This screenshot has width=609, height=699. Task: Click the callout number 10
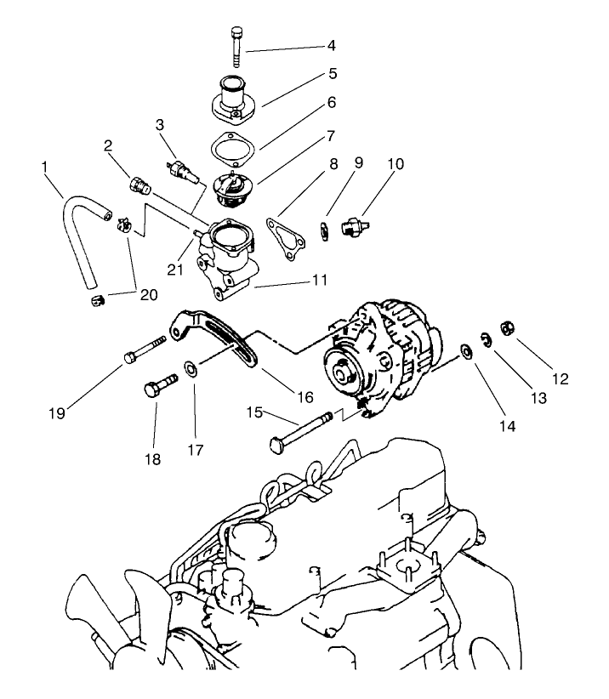coord(371,162)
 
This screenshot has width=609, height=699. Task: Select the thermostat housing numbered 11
coord(225,259)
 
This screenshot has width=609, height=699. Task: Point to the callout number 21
coord(175,269)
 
